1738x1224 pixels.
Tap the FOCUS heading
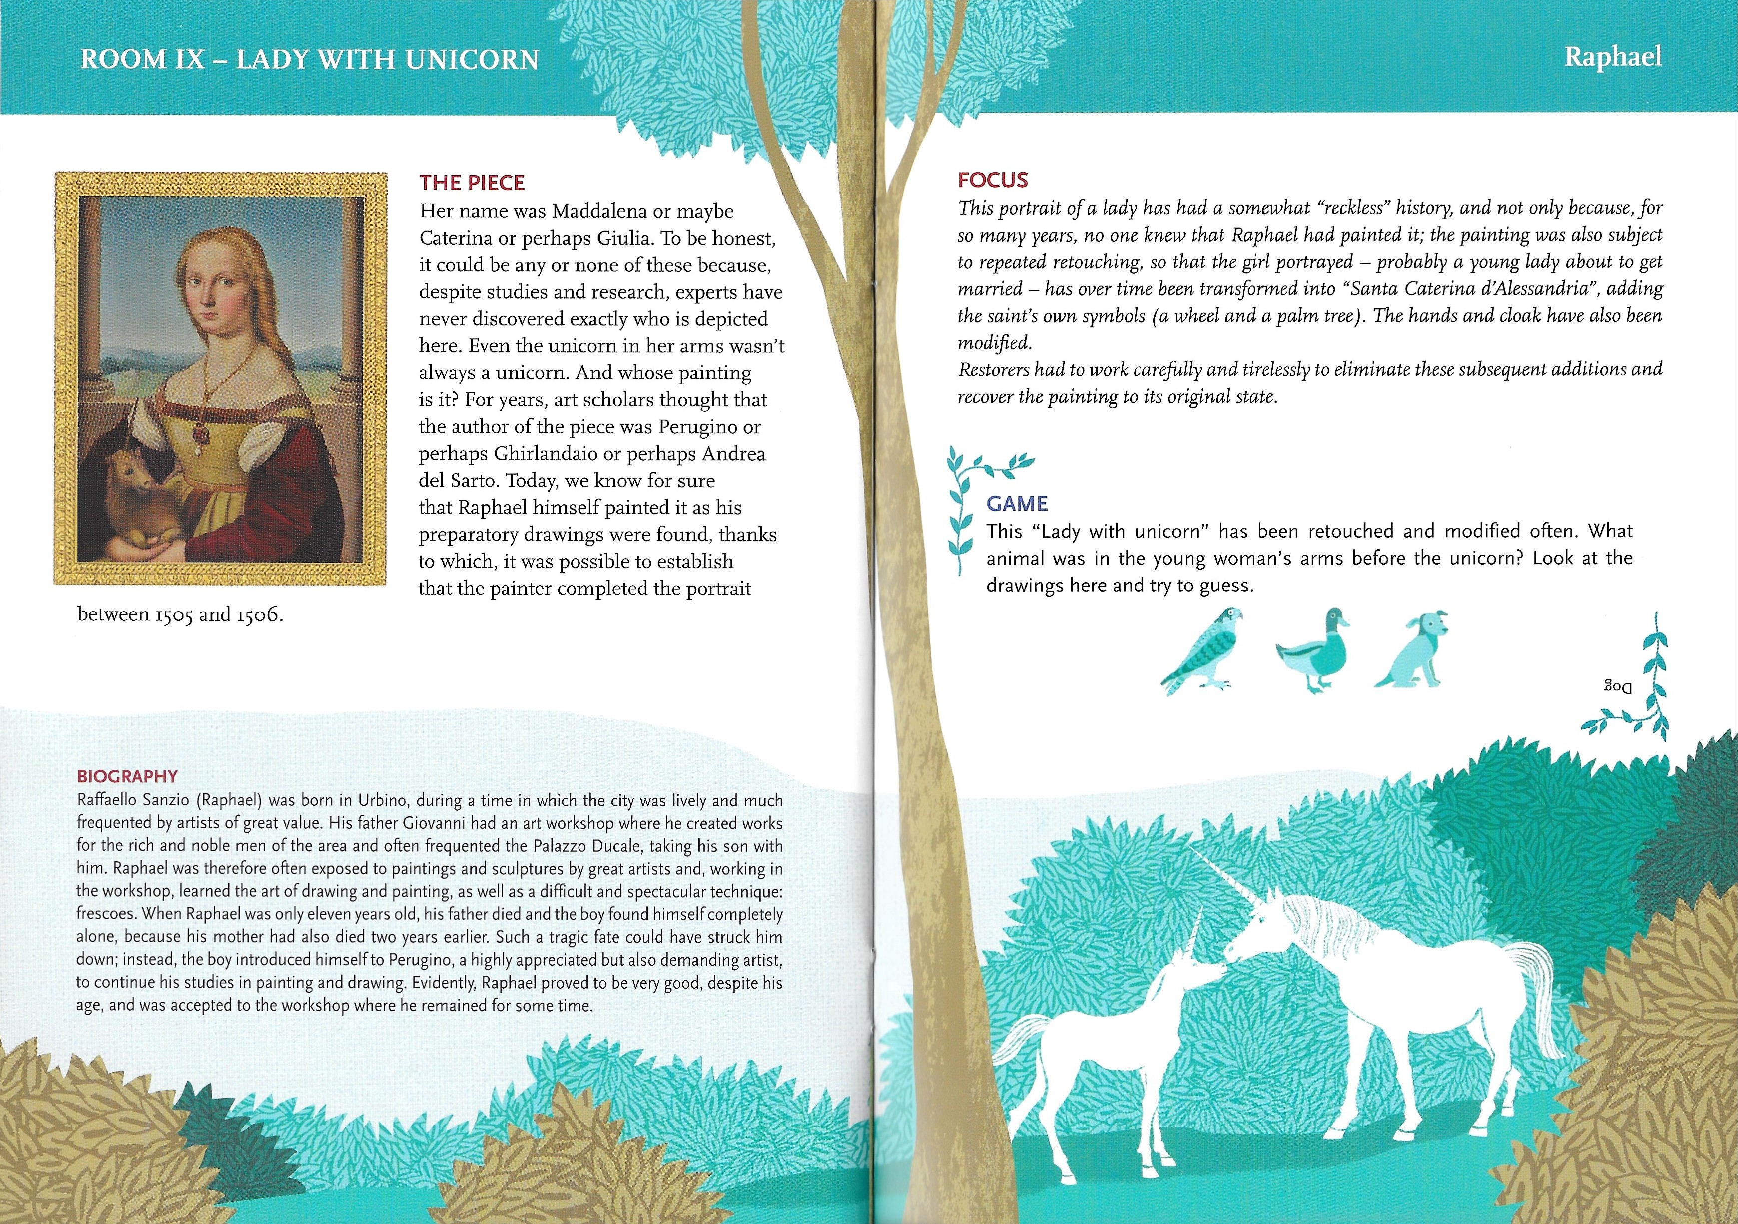click(x=992, y=180)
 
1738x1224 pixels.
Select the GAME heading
click(x=1017, y=504)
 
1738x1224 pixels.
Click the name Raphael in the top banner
click(x=1612, y=57)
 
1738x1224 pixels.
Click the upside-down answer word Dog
click(x=1617, y=686)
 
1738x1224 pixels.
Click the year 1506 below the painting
click(x=260, y=614)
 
